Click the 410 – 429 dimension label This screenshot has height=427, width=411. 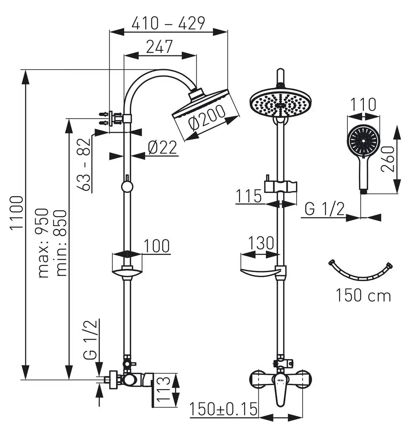coord(168,23)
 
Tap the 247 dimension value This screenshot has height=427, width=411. coord(159,47)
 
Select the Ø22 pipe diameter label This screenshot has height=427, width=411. coord(163,147)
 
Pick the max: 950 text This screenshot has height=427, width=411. coord(43,243)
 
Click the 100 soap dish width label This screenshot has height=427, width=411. coord(156,246)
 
